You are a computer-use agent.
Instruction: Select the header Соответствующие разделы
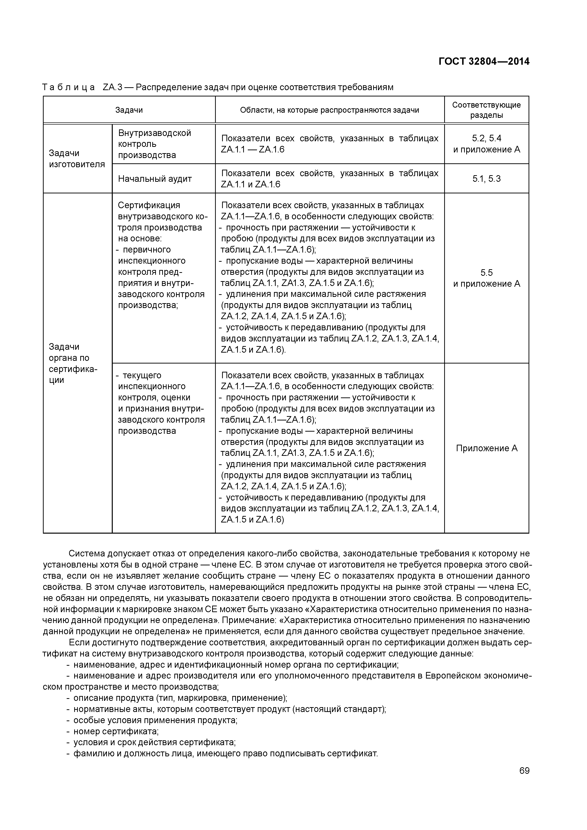pos(486,110)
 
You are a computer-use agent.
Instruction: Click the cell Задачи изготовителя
pos(77,159)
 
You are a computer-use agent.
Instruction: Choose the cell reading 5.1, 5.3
pos(486,179)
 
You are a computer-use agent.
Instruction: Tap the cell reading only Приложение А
pos(486,448)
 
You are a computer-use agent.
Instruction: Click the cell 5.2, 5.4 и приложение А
pos(486,144)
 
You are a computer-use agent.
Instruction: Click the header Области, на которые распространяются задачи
pos(330,110)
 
